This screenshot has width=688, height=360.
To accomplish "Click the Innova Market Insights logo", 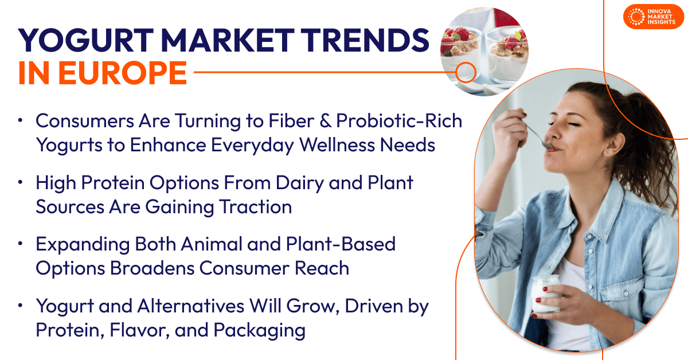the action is point(653,17).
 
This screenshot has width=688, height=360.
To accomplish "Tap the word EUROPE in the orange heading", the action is point(123,73).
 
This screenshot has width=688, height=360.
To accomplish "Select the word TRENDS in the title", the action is point(365,40).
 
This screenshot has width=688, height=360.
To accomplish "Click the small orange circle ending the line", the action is point(466,72).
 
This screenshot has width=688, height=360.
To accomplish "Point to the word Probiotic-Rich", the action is point(399,120).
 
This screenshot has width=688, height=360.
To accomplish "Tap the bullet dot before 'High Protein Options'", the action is point(21,182).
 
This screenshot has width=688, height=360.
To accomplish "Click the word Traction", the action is point(255,206).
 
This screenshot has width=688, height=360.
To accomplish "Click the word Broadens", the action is point(152,268).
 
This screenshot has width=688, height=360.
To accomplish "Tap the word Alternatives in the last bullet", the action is point(191,306).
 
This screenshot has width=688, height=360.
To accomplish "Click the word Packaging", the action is point(259,331).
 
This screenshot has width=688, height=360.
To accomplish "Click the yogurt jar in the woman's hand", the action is point(545,294).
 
